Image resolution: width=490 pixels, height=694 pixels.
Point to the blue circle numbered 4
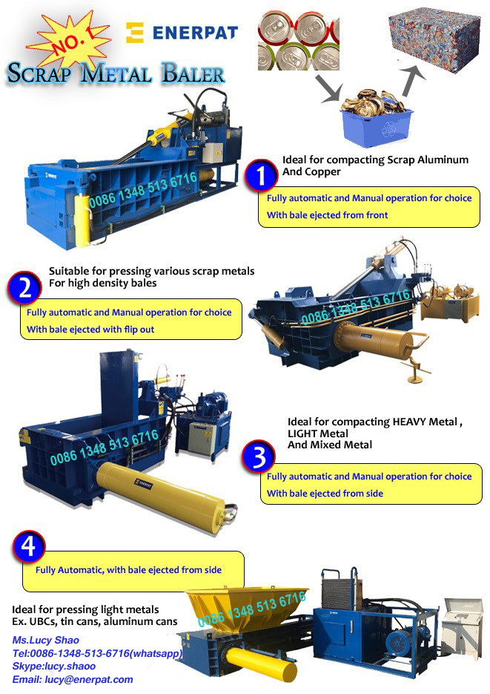click(x=29, y=548)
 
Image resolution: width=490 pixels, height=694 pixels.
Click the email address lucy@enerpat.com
click(x=73, y=679)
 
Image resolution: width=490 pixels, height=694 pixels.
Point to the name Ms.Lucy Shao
click(x=45, y=640)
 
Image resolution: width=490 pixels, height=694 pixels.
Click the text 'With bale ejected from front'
click(x=327, y=215)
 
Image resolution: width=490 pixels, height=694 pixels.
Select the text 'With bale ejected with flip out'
click(x=90, y=329)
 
